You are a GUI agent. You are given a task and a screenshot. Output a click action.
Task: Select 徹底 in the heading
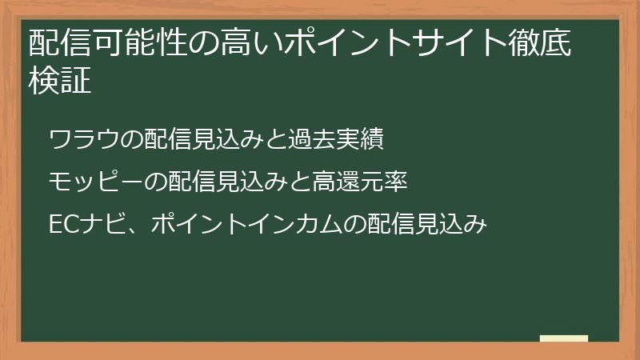pyautogui.click(x=542, y=45)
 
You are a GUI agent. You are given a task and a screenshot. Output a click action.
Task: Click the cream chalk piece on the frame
pyautogui.click(x=564, y=338)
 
